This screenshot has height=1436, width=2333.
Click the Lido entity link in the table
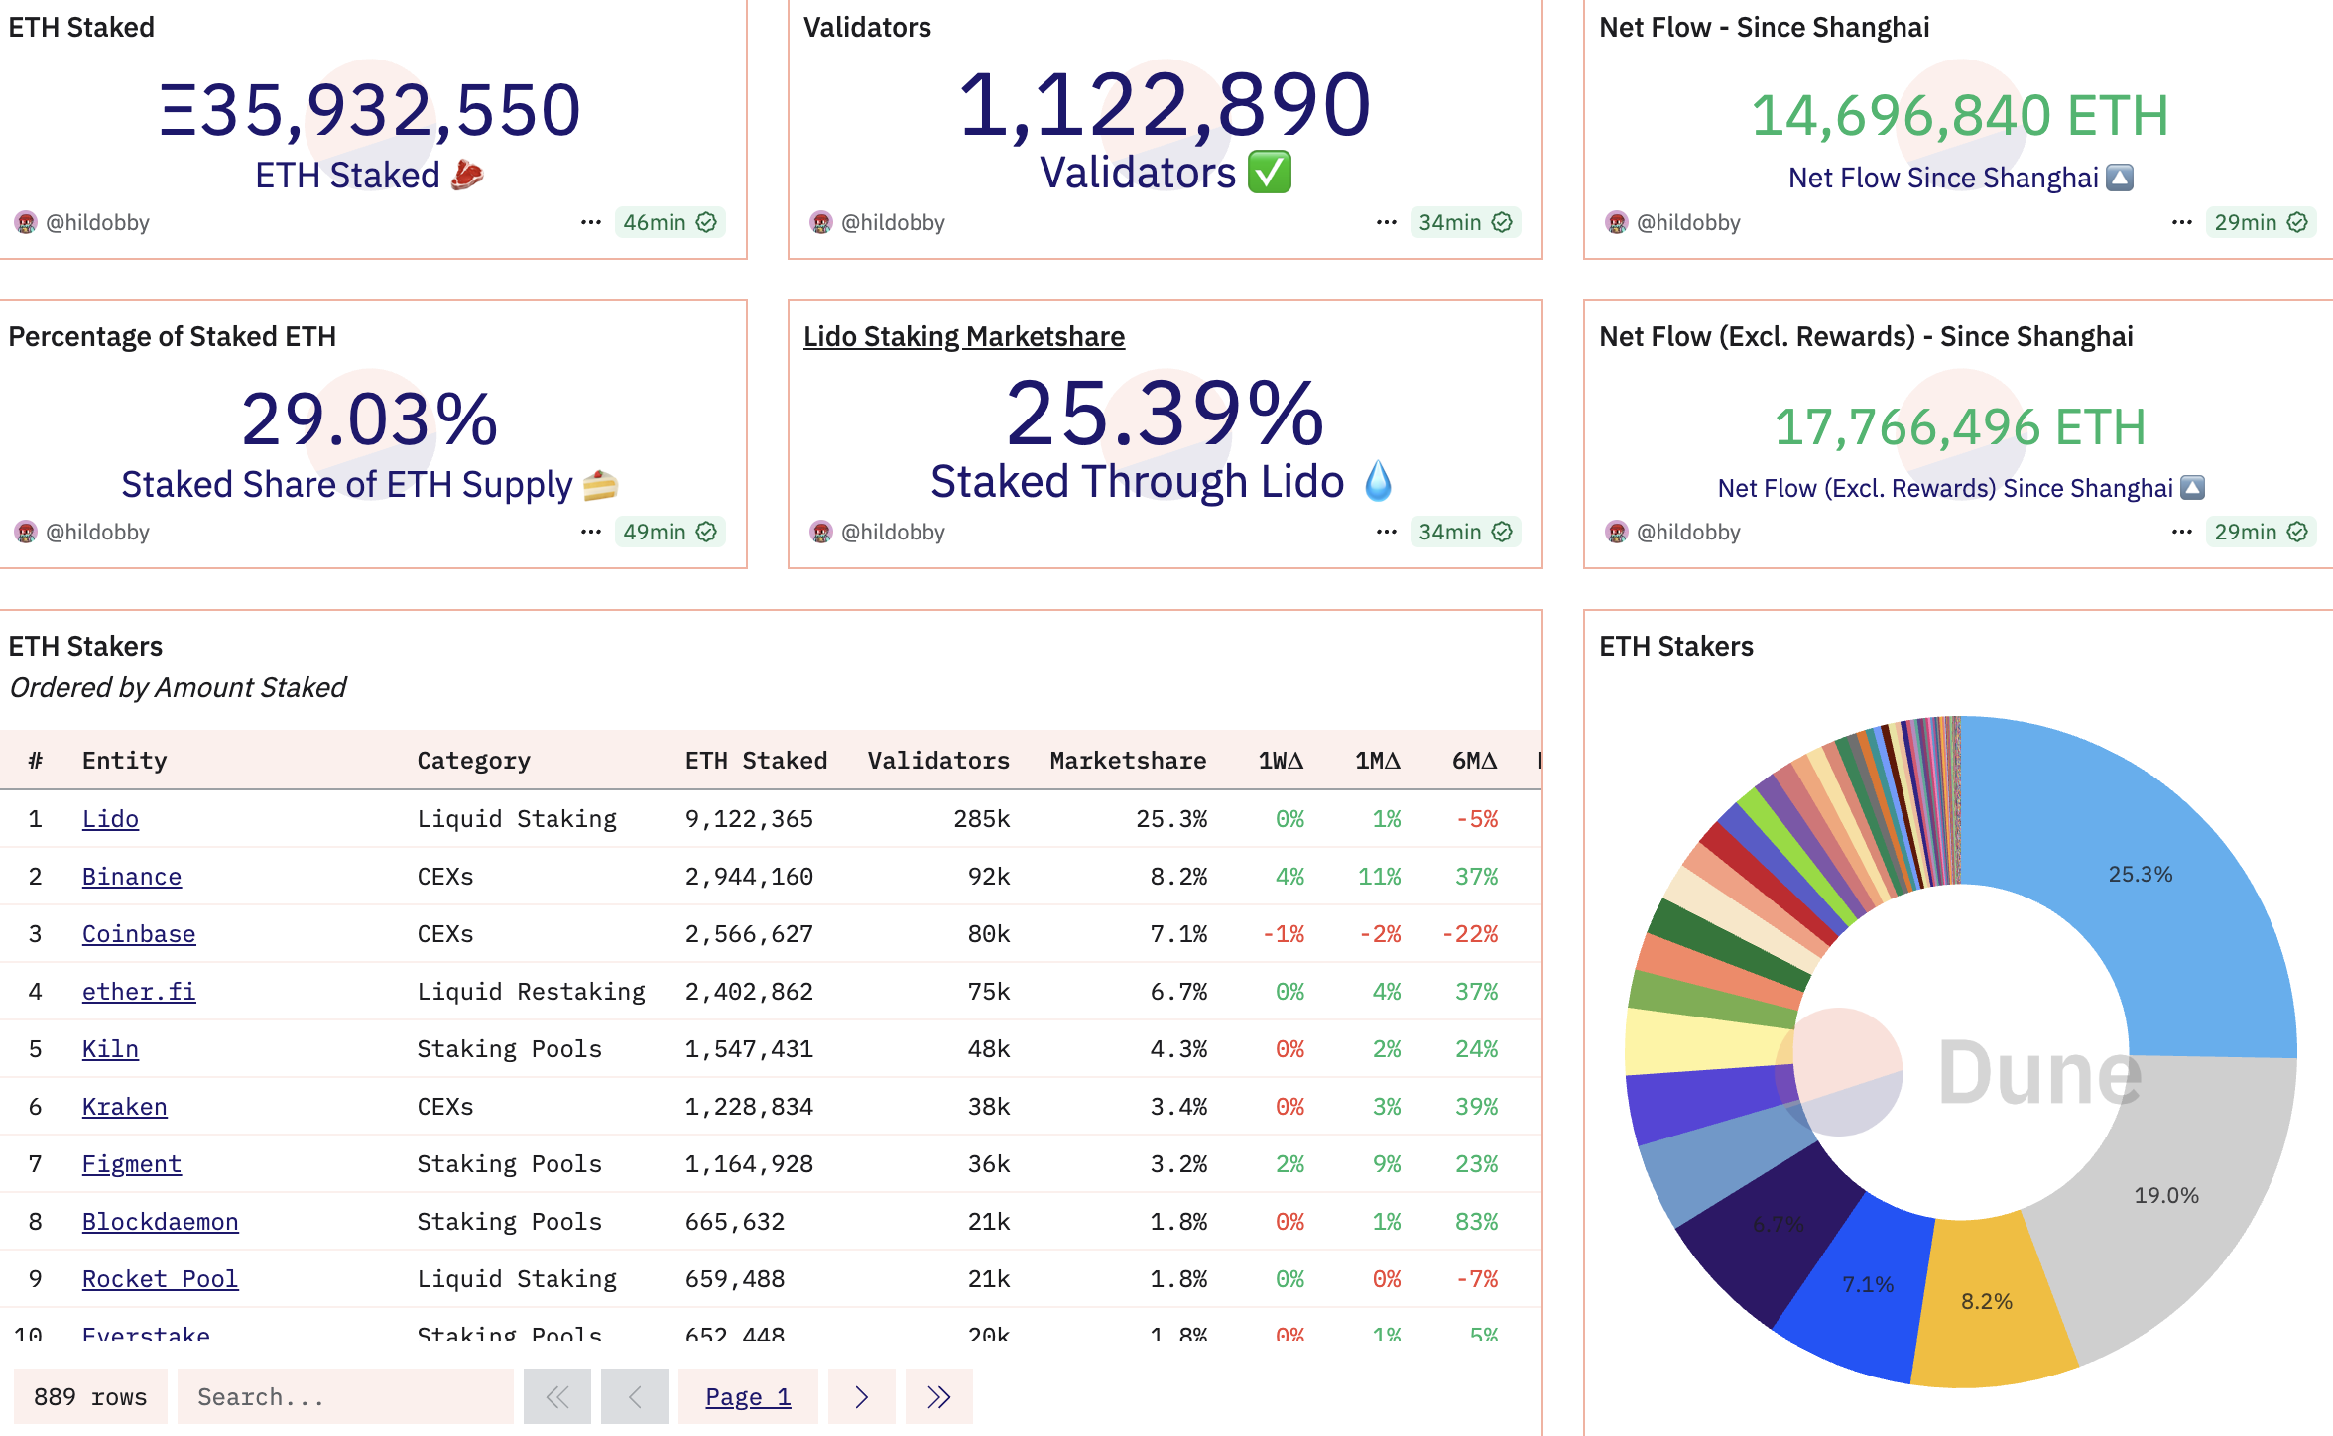pos(110,819)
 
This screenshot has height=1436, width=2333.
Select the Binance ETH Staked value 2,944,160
pos(749,877)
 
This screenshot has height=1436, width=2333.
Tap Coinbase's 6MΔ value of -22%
pos(1470,934)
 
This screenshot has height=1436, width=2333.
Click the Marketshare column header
pos(1128,761)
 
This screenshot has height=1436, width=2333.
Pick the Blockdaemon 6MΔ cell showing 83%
pos(1476,1222)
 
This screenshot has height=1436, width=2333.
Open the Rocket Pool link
pos(160,1279)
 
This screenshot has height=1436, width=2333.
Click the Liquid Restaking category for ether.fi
pos(531,992)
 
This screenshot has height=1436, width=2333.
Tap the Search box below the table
pos(344,1397)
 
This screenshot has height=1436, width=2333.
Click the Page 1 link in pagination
pos(748,1397)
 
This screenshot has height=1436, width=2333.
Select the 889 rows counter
pos(90,1397)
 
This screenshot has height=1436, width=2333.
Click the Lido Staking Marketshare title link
pos(963,337)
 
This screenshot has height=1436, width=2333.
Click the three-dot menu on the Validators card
pos(1386,222)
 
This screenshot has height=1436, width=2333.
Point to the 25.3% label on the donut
pos(2140,875)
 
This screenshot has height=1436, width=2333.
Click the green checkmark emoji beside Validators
pos(1270,173)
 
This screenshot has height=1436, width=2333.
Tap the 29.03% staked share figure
pos(369,419)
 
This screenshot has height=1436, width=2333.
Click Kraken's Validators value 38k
pos(988,1107)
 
